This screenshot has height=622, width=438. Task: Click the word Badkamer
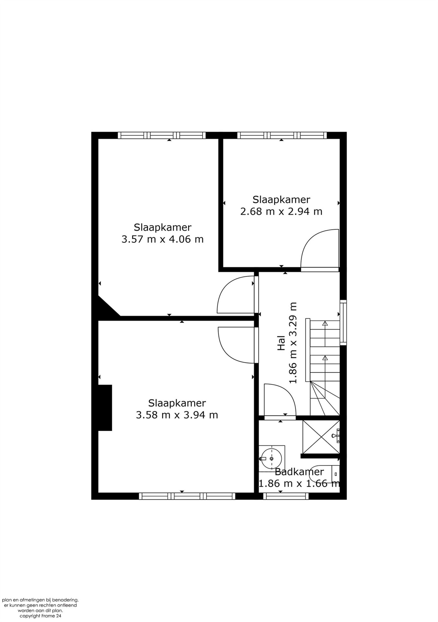(299, 472)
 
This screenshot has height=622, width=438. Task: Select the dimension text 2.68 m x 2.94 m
(281, 211)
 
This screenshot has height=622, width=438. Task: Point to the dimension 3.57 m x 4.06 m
(162, 239)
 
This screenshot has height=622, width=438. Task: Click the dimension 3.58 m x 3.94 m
(177, 415)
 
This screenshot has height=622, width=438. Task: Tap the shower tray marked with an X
(321, 437)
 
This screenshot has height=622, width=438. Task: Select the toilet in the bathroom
(324, 473)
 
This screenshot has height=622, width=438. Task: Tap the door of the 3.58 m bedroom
(236, 345)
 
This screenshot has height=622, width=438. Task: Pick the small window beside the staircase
(343, 322)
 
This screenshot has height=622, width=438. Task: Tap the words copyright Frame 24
(40, 616)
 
